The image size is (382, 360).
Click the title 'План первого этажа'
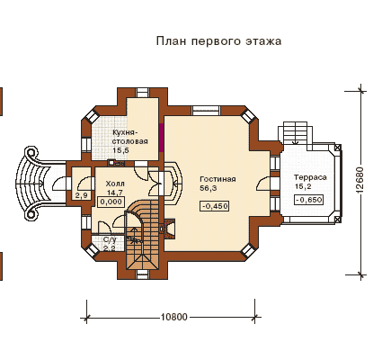(x=218, y=40)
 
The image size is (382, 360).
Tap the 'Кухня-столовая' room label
(x=130, y=137)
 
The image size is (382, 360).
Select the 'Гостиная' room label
(x=218, y=179)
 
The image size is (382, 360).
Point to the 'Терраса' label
(x=310, y=177)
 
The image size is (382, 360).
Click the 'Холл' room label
(x=115, y=184)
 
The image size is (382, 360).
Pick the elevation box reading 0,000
(x=111, y=202)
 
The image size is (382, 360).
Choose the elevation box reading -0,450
(x=215, y=206)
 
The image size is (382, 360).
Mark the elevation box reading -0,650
(x=309, y=200)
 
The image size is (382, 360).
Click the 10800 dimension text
(x=173, y=317)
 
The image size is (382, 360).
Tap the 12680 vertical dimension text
(x=360, y=180)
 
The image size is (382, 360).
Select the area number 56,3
(x=209, y=188)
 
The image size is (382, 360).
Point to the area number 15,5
(x=121, y=150)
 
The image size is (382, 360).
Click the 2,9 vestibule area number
(x=81, y=196)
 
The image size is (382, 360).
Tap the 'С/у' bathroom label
(x=110, y=239)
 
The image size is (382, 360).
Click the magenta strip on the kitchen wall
(x=161, y=138)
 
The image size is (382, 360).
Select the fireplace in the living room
(x=168, y=229)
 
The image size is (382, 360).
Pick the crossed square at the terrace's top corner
(x=338, y=148)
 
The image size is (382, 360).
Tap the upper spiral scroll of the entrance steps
(x=31, y=153)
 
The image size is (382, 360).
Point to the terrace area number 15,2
(x=303, y=186)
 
